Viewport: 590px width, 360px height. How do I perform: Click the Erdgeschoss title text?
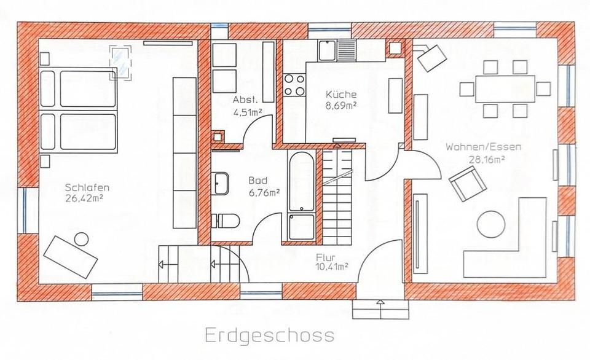coord(270,335)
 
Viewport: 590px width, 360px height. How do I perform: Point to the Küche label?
coord(341,95)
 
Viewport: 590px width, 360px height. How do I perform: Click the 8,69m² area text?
coord(341,105)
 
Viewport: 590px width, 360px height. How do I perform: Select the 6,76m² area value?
coord(264,192)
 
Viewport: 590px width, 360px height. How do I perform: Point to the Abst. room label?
coord(244,100)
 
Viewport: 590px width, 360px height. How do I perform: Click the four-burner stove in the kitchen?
coord(294,85)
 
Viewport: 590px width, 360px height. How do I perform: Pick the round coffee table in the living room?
coord(492,224)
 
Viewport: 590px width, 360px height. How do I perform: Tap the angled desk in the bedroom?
coord(71,256)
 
